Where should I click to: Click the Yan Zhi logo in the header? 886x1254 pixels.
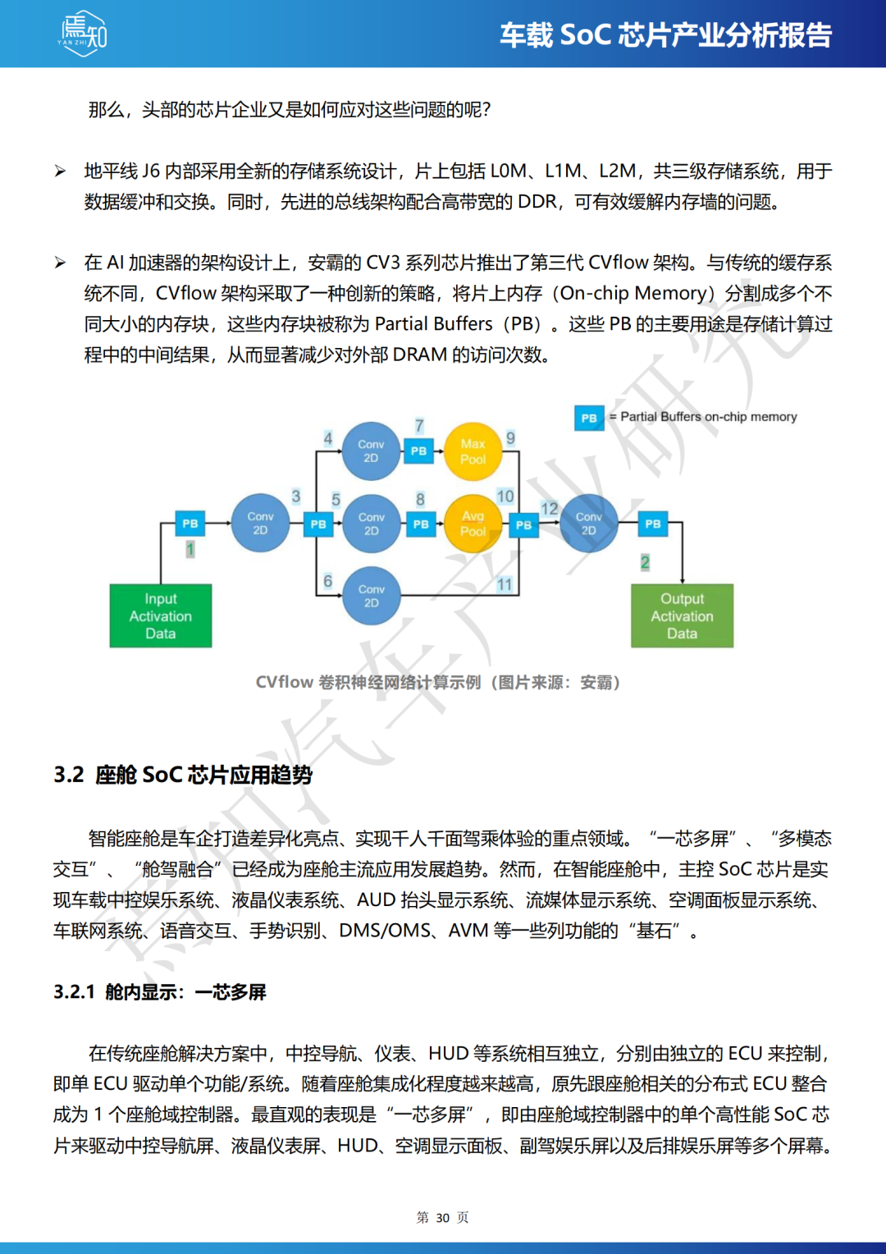[x=83, y=34]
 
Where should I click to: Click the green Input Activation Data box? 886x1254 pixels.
[x=161, y=616]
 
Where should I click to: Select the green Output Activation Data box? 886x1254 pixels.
[x=682, y=616]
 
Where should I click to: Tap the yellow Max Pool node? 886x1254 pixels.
[x=473, y=451]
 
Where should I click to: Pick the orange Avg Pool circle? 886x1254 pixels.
[x=473, y=524]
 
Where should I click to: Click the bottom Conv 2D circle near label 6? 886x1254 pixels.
[x=371, y=596]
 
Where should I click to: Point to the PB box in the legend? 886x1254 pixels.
[x=589, y=418]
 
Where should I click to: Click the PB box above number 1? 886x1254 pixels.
[x=190, y=523]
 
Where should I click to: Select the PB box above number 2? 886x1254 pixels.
[x=653, y=523]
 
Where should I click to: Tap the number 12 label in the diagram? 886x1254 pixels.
[x=549, y=509]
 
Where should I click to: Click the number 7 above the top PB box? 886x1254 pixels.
[x=419, y=425]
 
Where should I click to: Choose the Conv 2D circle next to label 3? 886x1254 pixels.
[x=260, y=523]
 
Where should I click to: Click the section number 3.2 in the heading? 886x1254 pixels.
[x=69, y=775]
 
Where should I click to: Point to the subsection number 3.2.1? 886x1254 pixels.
[x=74, y=992]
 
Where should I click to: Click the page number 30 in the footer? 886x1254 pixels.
[x=443, y=1218]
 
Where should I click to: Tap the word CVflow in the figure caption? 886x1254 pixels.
[x=284, y=683]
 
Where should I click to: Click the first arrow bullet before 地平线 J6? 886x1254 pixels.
[x=60, y=172]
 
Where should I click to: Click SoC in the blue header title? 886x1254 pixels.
[x=585, y=35]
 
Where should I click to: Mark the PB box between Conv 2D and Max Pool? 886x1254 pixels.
[x=418, y=451]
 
